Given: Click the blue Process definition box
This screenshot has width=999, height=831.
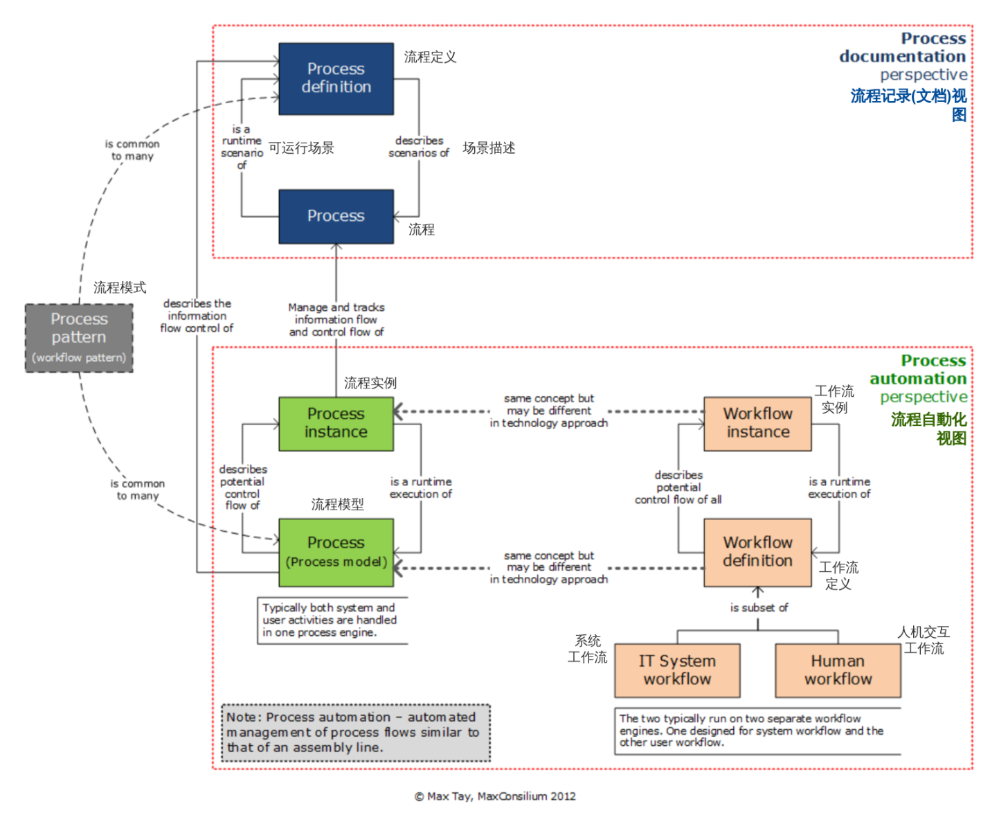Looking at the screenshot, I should [x=336, y=78].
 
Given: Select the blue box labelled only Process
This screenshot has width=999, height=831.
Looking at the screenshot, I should [x=336, y=216].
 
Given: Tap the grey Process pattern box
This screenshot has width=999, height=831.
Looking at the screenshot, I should [x=79, y=337].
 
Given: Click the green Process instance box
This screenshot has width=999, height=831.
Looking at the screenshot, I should [x=336, y=423].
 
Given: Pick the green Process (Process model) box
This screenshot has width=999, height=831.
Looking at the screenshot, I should [x=336, y=552].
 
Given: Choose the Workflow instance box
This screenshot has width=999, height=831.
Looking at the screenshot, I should [x=757, y=423].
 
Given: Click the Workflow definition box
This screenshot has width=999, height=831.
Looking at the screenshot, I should [x=757, y=552].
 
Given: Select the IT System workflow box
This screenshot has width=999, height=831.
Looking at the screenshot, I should [x=677, y=670].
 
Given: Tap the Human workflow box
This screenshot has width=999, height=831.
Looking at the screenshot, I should [x=838, y=670].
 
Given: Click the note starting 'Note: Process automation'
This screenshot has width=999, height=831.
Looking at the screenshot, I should [x=355, y=733].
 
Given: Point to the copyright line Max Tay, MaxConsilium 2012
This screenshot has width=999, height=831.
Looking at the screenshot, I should [x=495, y=796].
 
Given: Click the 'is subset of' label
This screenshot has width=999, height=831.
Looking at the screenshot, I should [x=759, y=607].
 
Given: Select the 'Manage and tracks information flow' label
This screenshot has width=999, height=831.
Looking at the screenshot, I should [x=336, y=319].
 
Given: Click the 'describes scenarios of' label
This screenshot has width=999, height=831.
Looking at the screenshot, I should [x=419, y=147].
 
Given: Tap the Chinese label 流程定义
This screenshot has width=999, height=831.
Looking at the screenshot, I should [x=430, y=57].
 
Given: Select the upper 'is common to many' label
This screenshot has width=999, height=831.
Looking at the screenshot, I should [x=132, y=150].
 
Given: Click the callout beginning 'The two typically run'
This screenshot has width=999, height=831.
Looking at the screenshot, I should [x=752, y=731].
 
